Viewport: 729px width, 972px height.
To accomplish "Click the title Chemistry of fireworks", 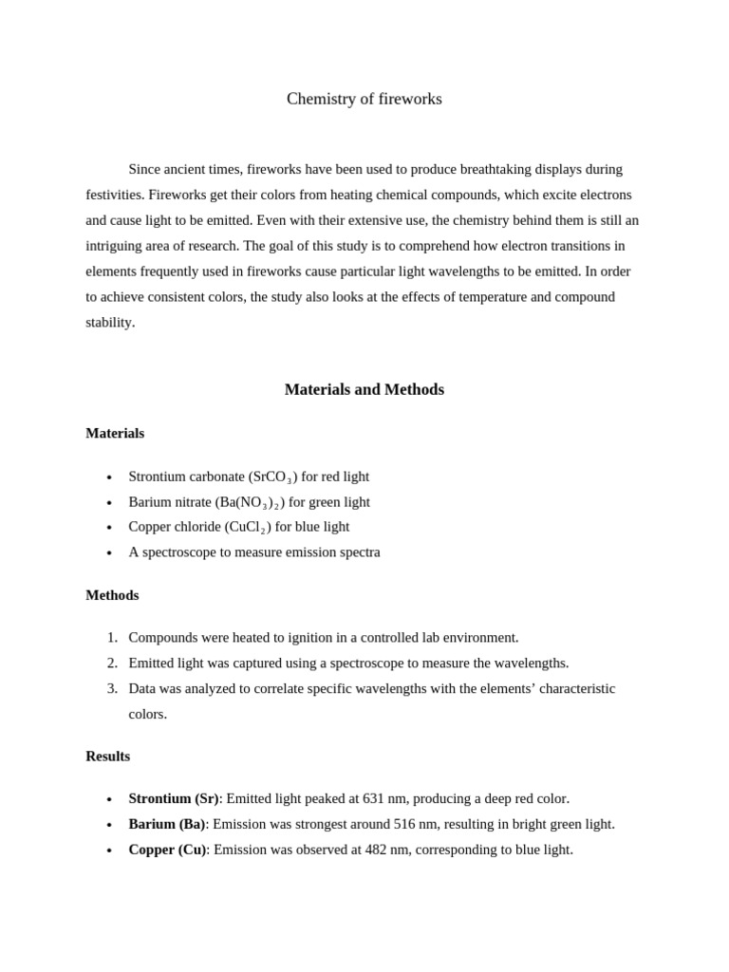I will point(364,99).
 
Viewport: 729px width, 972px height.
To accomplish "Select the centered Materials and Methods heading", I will point(364,389).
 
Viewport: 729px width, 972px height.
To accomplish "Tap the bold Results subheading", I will point(107,757).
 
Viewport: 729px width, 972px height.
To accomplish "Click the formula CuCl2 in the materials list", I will point(248,527).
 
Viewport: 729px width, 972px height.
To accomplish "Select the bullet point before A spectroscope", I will point(109,553).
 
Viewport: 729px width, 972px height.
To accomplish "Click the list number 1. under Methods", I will point(112,637).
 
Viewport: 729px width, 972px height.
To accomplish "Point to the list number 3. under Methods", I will point(112,688).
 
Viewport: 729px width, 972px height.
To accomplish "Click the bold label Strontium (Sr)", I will point(174,798).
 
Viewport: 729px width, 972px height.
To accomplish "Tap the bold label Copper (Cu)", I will point(167,850).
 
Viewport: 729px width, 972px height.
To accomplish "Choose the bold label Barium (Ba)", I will point(167,824).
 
